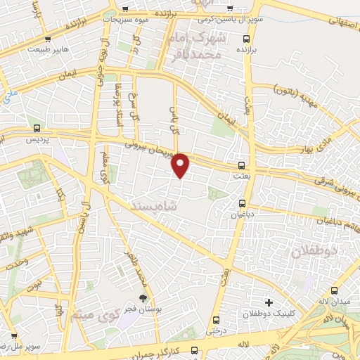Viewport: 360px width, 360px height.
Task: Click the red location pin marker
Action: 181,165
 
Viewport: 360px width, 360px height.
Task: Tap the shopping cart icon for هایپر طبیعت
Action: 47,39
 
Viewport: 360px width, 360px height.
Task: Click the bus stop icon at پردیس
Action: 36,128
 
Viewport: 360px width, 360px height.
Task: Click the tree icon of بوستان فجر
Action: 143,300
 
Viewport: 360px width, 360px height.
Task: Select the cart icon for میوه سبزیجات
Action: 124,10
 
